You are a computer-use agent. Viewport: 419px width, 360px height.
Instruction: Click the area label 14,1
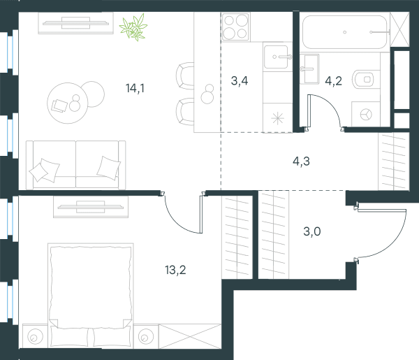tap(135, 88)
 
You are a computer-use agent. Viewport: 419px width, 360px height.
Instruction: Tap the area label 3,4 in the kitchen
tap(240, 81)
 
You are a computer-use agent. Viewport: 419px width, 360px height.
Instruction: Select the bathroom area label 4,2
tap(334, 81)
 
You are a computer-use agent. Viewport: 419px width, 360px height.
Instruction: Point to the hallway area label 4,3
tap(302, 161)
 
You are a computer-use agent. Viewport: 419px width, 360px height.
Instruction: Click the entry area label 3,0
tap(312, 231)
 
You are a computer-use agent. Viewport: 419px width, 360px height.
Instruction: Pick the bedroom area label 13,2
tap(175, 270)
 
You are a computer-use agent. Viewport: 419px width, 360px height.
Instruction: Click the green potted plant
tap(133, 27)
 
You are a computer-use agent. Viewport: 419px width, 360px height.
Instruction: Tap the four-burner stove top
tap(236, 27)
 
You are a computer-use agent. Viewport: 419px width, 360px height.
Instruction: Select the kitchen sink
tap(277, 57)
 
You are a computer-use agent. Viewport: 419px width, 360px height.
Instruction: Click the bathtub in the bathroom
tap(345, 32)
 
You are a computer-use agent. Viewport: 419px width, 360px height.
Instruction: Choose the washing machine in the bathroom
tap(365, 114)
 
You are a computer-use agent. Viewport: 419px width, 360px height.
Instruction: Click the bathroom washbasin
tap(309, 69)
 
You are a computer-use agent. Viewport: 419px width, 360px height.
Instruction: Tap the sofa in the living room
tap(76, 165)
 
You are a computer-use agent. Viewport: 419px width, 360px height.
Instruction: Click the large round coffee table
tap(68, 103)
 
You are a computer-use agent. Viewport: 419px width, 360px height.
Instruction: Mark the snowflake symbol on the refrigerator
tap(278, 118)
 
